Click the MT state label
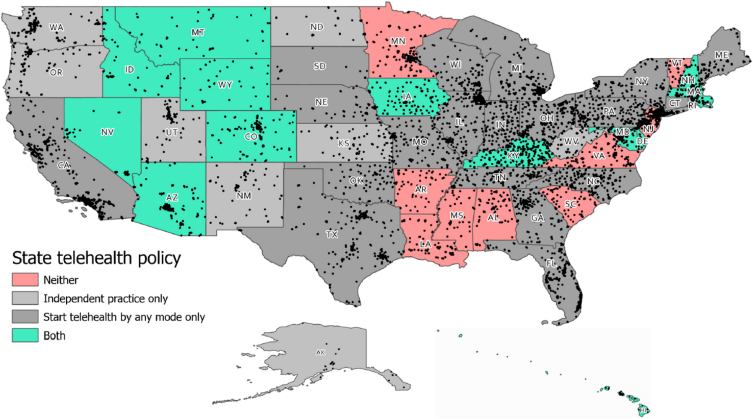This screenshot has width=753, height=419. coord(198,33)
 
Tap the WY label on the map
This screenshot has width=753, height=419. coord(225,85)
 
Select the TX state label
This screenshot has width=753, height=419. coord(332,235)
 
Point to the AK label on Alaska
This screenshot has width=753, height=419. coord(320,352)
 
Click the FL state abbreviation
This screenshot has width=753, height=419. coord(551,263)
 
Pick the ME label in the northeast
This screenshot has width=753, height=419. coord(721,55)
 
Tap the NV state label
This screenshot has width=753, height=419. coord(107,132)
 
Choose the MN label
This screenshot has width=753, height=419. coord(398,41)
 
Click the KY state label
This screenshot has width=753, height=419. coord(513,156)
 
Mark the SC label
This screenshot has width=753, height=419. coord(570,204)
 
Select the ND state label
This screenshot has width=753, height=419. coord(317,27)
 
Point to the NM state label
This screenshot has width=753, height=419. coord(244,196)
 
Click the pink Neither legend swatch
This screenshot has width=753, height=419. coord(25,280)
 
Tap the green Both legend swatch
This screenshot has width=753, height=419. coord(25,335)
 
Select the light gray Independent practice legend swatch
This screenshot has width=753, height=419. coord(25,298)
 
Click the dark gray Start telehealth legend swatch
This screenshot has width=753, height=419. coord(25,317)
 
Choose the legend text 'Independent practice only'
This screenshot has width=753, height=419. coord(105,299)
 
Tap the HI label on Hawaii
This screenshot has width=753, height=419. coord(643,410)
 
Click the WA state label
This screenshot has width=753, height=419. coord(56,27)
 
